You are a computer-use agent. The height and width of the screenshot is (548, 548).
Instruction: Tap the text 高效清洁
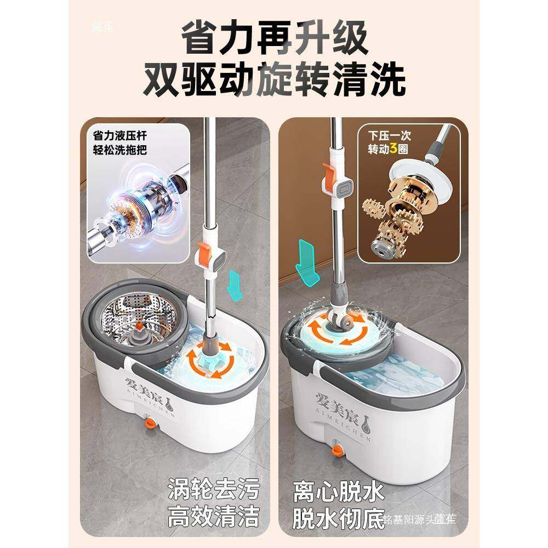214,516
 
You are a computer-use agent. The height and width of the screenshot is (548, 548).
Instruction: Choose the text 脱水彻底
338,516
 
